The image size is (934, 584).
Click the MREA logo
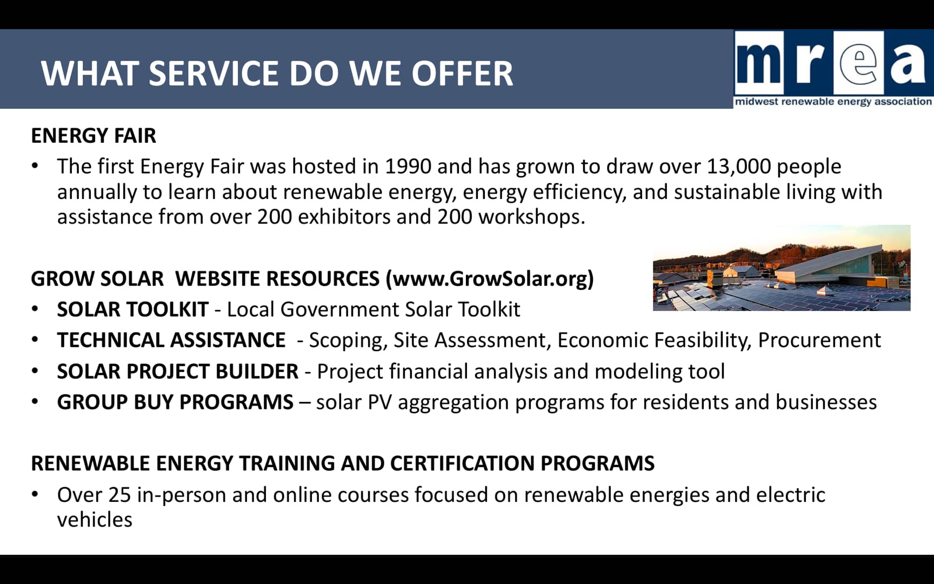[833, 69]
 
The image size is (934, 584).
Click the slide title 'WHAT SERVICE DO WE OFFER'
[277, 74]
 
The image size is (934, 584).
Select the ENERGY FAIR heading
[94, 136]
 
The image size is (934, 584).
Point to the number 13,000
[738, 167]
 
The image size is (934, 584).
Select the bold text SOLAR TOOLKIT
[132, 309]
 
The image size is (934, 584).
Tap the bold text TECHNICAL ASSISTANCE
[171, 340]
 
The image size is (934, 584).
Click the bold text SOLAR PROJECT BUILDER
[178, 371]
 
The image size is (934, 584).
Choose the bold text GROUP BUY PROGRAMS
[175, 402]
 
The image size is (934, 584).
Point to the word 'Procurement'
[819, 340]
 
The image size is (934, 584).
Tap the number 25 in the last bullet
[119, 495]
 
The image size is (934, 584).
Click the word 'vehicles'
[95, 520]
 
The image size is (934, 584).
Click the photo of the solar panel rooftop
[782, 268]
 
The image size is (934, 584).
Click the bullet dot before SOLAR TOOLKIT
[35, 309]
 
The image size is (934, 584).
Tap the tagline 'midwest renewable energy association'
[833, 102]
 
